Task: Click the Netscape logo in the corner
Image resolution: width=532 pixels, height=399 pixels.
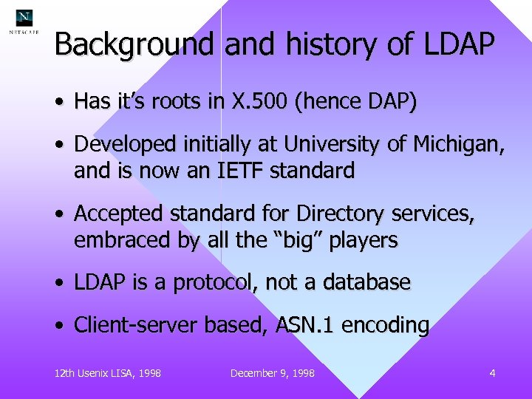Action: click(24, 21)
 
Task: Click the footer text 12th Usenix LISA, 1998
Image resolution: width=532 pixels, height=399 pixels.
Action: click(108, 373)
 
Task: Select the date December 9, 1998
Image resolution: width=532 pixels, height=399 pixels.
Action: click(272, 373)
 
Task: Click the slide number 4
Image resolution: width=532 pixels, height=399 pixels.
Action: click(492, 373)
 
